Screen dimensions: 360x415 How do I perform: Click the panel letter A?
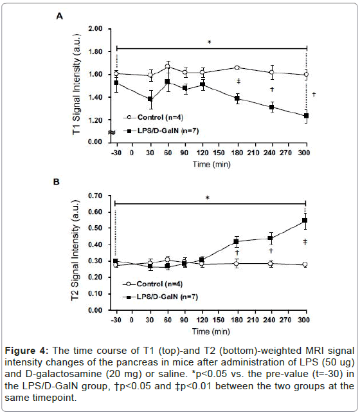click(x=60, y=17)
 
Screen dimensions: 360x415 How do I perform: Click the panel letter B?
click(x=57, y=182)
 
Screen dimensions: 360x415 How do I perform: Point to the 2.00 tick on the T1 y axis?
click(x=95, y=28)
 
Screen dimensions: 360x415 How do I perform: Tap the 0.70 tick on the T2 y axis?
click(x=95, y=196)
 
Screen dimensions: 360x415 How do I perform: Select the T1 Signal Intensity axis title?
click(x=76, y=85)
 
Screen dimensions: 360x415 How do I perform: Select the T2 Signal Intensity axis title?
click(x=75, y=250)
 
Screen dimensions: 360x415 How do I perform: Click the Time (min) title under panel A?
click(x=212, y=164)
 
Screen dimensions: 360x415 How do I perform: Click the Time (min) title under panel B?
click(x=211, y=331)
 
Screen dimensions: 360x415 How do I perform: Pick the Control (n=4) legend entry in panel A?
click(x=153, y=117)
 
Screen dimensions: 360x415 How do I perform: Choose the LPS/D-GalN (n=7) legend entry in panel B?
click(x=160, y=297)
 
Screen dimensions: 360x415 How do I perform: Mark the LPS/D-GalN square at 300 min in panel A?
click(x=306, y=116)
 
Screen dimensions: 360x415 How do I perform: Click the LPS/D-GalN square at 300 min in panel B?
click(x=305, y=221)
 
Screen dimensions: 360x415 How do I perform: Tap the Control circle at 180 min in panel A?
click(x=237, y=68)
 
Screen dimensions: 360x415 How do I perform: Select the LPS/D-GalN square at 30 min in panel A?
click(x=150, y=99)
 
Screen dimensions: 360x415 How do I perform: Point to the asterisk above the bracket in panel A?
click(x=209, y=42)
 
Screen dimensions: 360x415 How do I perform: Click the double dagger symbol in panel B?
click(x=305, y=242)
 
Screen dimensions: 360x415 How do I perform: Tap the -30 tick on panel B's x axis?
click(x=116, y=320)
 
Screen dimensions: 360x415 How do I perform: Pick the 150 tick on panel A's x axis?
click(x=219, y=152)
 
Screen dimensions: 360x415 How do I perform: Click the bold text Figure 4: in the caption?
click(x=27, y=351)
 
